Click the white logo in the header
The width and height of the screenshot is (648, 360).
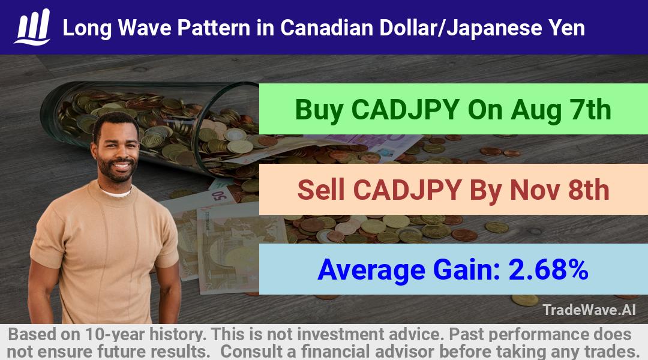pos(32,27)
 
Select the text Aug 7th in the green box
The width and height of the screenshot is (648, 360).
pos(561,110)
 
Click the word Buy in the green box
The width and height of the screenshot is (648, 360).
pos(319,110)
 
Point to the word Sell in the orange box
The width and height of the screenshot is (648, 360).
pos(321,190)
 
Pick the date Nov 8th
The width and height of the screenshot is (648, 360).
pos(560,190)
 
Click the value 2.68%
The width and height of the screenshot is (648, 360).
pos(548,269)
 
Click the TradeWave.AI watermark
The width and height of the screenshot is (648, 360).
pos(589,310)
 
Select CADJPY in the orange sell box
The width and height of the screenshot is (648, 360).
pos(407,190)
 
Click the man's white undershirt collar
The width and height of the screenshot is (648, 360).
pos(116,192)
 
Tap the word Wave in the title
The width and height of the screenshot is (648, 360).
pos(144,28)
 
